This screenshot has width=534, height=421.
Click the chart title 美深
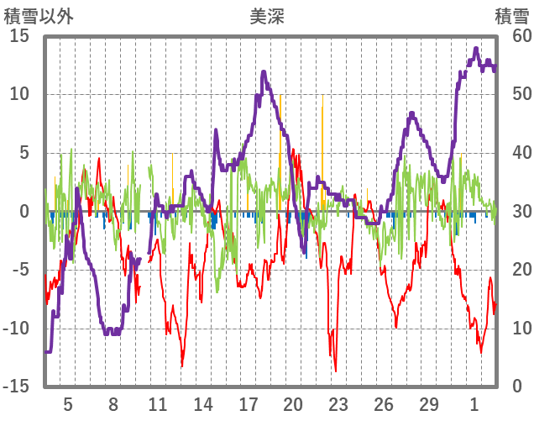pyautogui.click(x=266, y=16)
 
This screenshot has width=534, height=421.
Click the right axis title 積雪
pyautogui.click(x=511, y=16)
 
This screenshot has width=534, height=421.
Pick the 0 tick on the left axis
pyautogui.click(x=24, y=212)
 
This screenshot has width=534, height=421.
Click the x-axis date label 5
pyautogui.click(x=68, y=404)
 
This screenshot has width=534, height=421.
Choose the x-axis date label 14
pyautogui.click(x=202, y=404)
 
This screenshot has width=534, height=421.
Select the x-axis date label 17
pyautogui.click(x=248, y=404)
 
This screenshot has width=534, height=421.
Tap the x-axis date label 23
pyautogui.click(x=338, y=404)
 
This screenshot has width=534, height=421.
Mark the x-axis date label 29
pyautogui.click(x=428, y=404)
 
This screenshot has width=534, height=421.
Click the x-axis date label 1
pyautogui.click(x=475, y=404)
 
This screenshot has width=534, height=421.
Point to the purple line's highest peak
pyautogui.click(x=476, y=49)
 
